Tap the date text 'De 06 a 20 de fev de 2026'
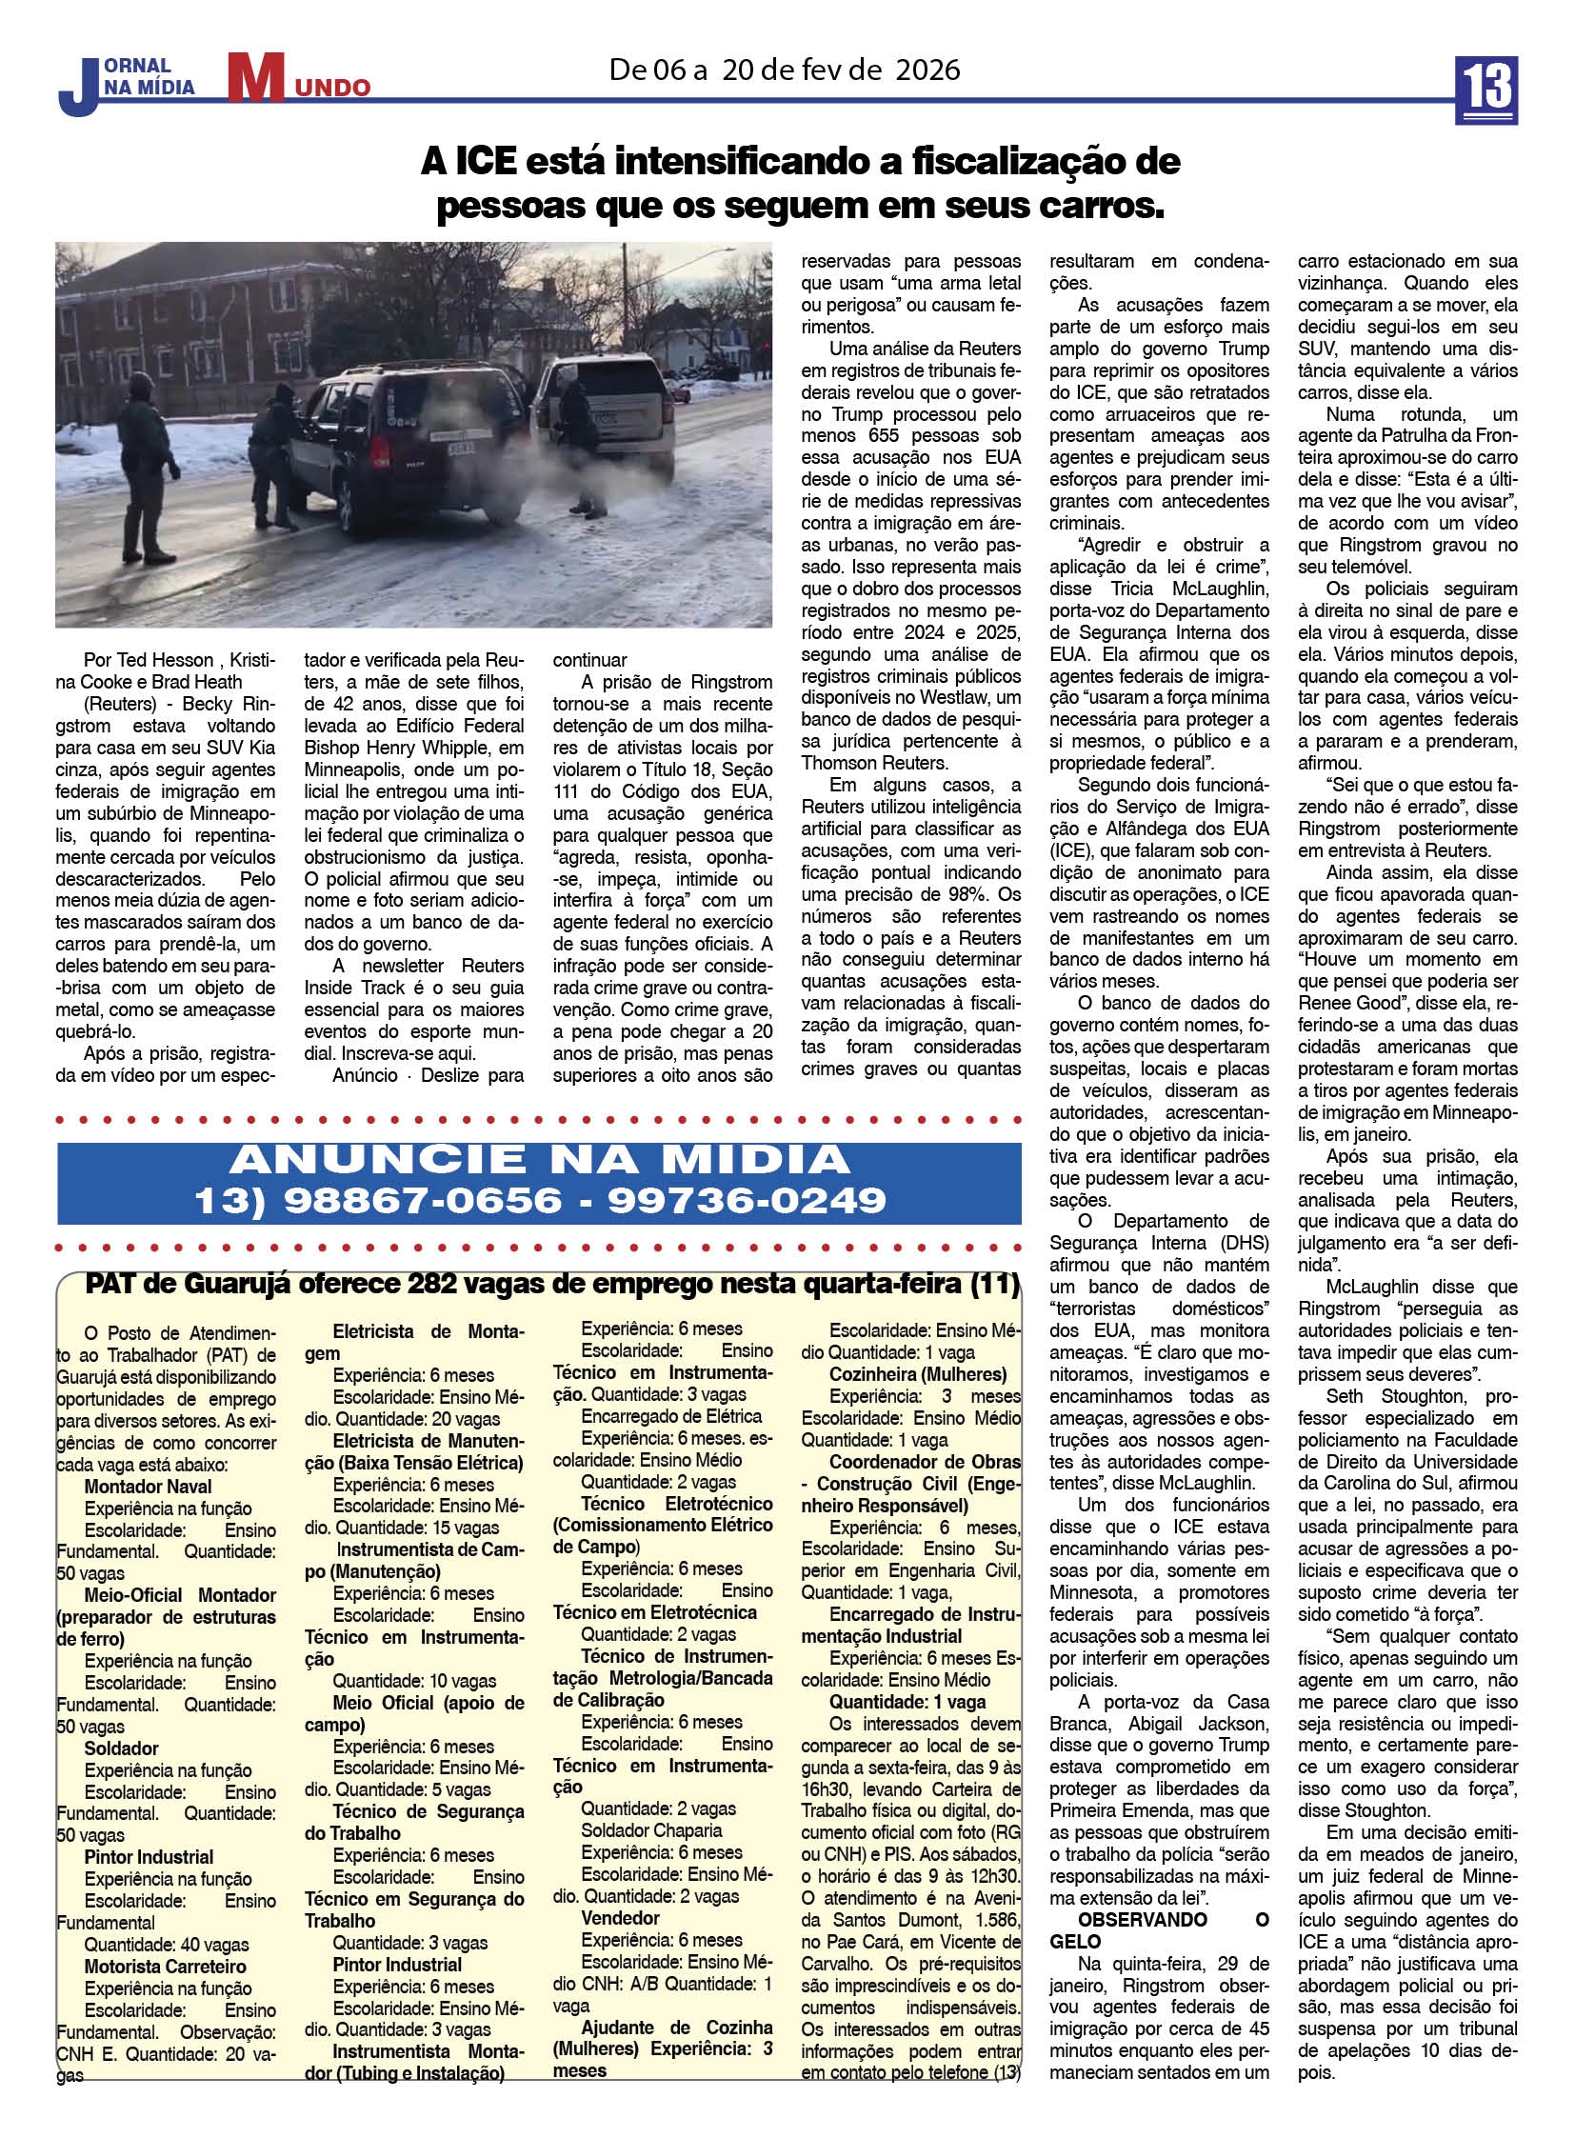click(x=786, y=70)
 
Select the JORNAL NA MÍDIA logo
click(x=128, y=84)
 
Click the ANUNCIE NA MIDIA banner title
click(x=539, y=1159)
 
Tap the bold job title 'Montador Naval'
click(x=148, y=1487)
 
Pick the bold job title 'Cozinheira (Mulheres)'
click(x=917, y=1374)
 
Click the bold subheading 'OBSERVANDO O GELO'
click(x=1158, y=1921)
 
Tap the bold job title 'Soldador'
click(x=121, y=1748)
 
